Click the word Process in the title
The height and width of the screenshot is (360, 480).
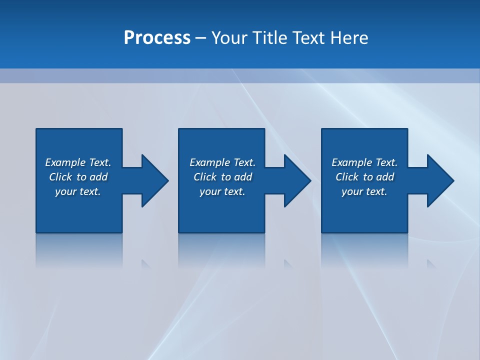click(x=157, y=38)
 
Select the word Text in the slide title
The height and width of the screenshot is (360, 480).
click(x=308, y=38)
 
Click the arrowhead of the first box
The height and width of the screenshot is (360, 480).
click(x=152, y=180)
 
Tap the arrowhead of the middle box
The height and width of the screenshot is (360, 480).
click(x=295, y=180)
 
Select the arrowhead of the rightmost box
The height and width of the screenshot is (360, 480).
click(x=438, y=180)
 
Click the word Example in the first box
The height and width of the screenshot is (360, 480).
click(x=65, y=162)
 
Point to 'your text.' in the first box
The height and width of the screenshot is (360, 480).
click(x=78, y=191)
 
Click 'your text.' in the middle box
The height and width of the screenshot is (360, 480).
click(x=222, y=191)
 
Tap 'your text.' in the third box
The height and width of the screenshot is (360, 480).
click(x=364, y=191)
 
